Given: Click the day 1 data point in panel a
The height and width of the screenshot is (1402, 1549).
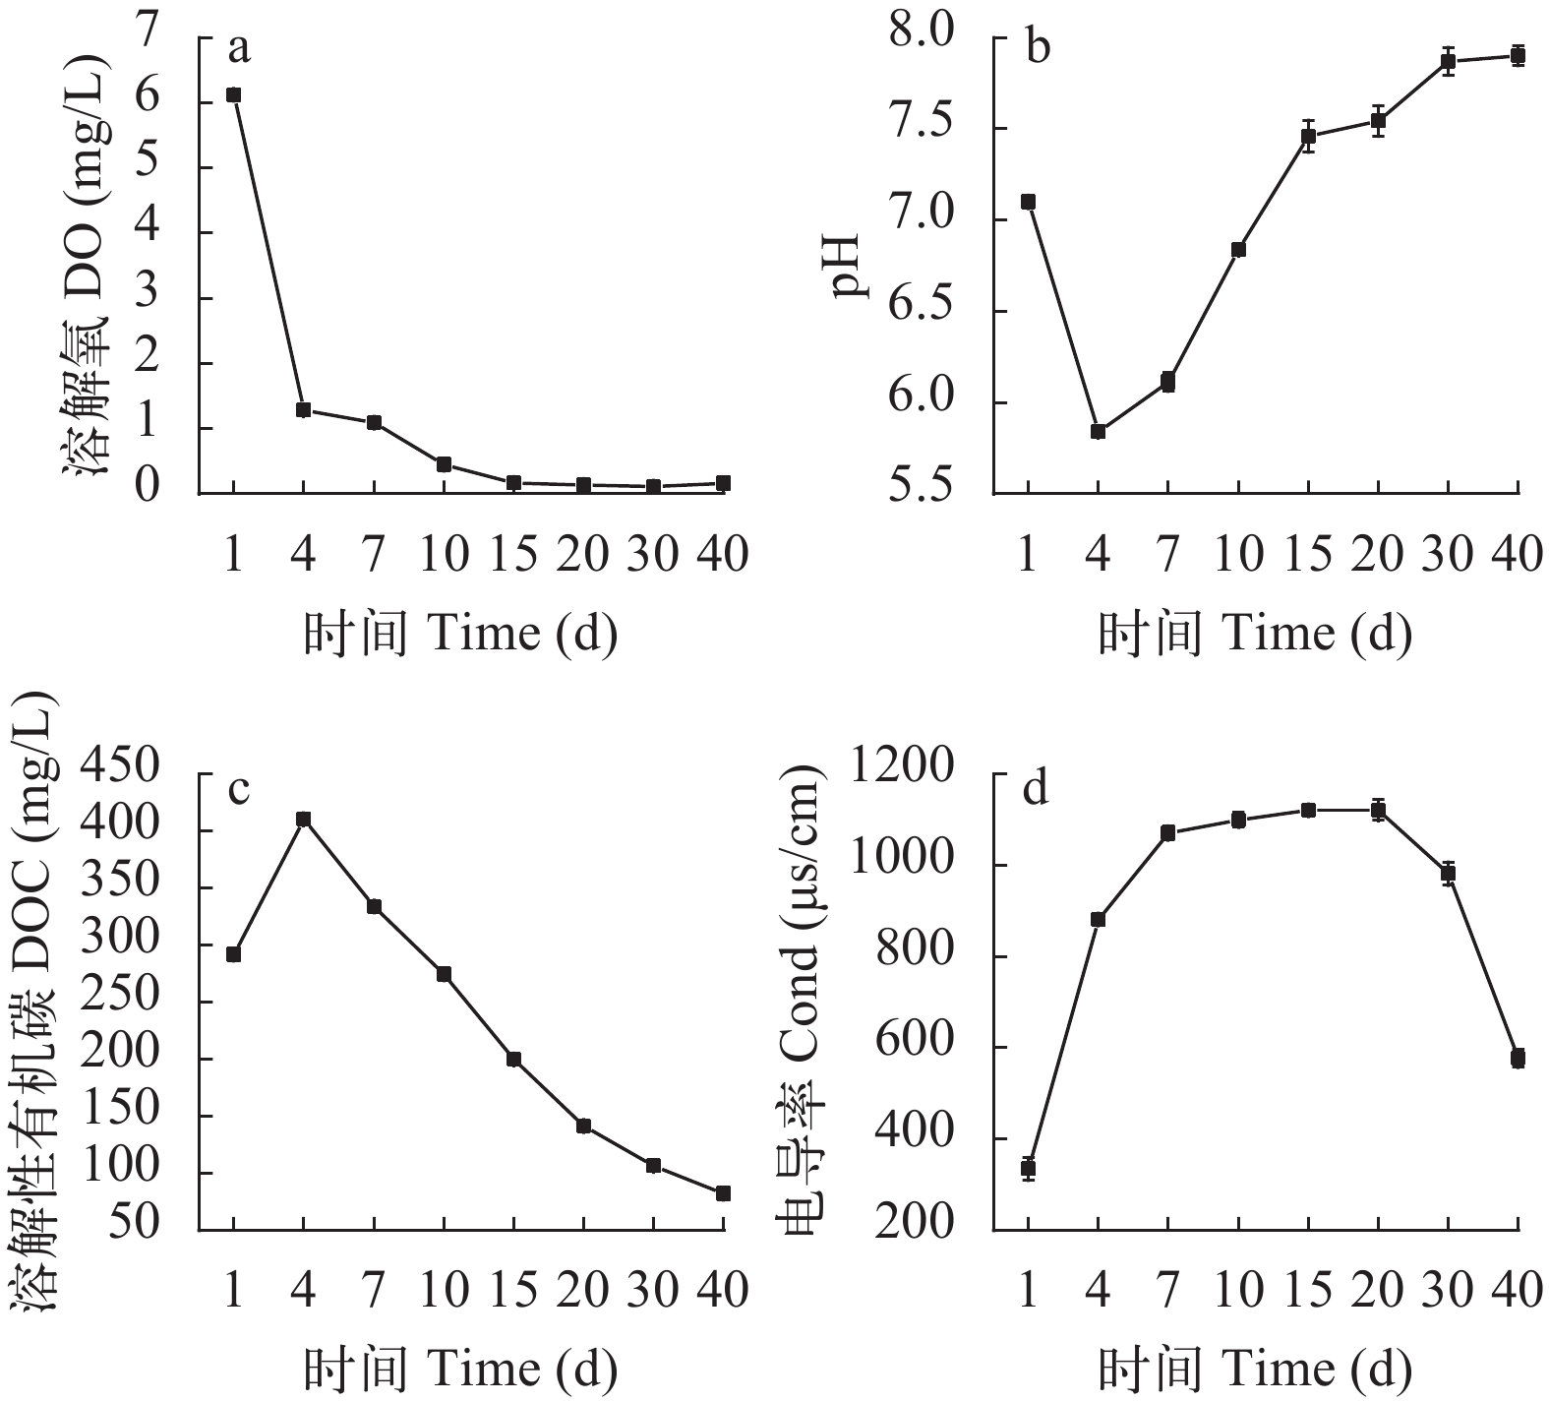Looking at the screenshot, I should click(x=233, y=94).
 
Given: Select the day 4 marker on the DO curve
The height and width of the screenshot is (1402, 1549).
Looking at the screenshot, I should click(x=304, y=409).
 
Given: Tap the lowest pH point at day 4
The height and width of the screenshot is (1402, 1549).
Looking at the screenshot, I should click(x=1099, y=431).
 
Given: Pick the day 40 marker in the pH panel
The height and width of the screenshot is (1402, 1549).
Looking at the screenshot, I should click(x=1518, y=55).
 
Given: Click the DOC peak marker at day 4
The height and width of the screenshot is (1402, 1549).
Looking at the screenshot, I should click(x=304, y=819).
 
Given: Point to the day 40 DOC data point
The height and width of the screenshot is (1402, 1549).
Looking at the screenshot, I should click(x=723, y=1193).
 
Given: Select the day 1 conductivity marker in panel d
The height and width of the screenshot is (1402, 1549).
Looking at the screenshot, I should click(x=1029, y=1169).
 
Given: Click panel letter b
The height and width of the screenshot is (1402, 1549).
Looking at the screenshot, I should click(x=1038, y=46).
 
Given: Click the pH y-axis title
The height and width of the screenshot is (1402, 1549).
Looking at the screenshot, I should click(x=845, y=264).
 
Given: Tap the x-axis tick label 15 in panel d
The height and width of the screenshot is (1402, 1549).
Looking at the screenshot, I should click(x=1308, y=1289).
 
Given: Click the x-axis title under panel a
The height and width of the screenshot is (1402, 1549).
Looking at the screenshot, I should click(x=460, y=633).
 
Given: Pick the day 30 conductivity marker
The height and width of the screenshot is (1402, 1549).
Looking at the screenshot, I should click(x=1448, y=873).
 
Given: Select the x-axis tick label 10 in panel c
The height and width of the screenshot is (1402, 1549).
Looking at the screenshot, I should click(x=444, y=1289).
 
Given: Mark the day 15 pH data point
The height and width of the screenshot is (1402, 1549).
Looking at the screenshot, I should click(x=1308, y=136).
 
